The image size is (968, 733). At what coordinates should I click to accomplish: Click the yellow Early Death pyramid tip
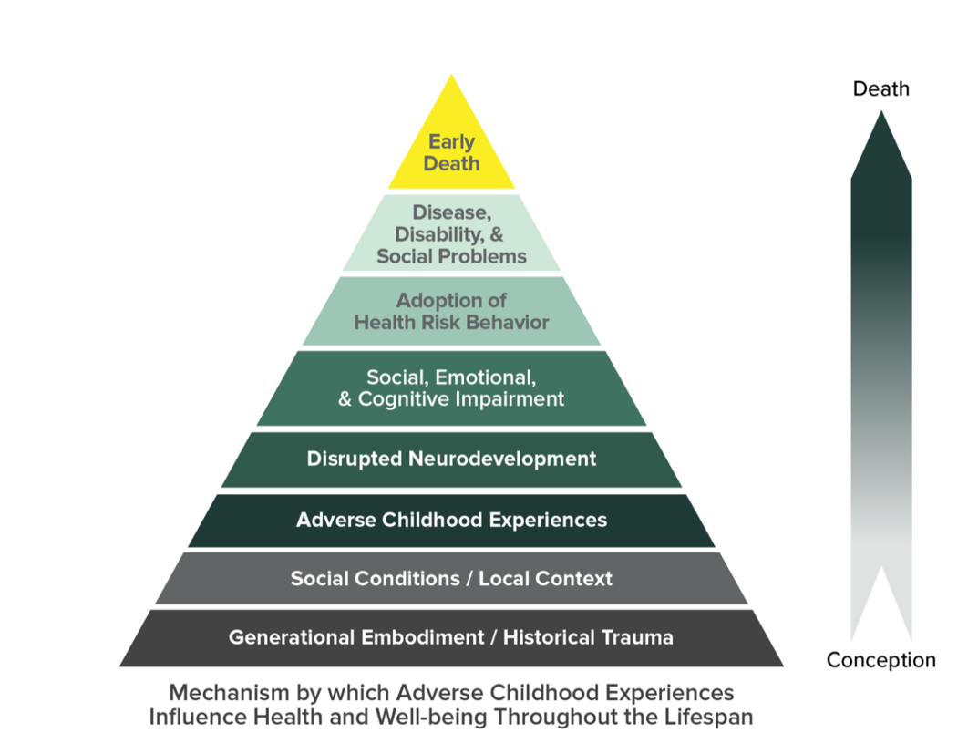tap(451, 150)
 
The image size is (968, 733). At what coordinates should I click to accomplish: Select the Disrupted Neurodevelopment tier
tap(451, 459)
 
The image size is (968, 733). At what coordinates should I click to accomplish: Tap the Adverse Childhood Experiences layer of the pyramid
tap(451, 521)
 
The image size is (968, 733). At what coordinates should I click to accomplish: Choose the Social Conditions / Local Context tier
tap(451, 578)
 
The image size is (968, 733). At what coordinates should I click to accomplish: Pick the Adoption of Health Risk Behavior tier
tap(451, 311)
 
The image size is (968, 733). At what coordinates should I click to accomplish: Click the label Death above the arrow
tap(880, 88)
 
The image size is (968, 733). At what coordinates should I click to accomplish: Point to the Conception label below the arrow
tap(880, 660)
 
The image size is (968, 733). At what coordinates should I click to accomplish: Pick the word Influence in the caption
tap(190, 717)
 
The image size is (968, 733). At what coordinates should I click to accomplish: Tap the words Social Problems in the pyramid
tap(451, 256)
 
